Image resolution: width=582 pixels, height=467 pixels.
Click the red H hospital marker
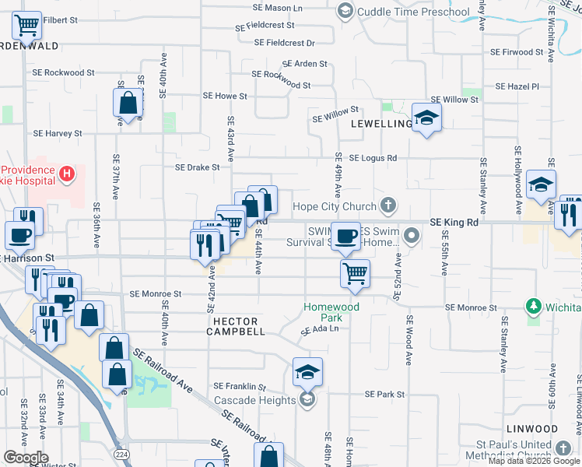tap(68, 172)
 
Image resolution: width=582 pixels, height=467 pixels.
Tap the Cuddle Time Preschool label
tap(412, 12)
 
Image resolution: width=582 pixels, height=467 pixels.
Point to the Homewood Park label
tap(331, 312)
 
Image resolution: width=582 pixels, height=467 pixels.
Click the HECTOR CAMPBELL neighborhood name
tap(236, 325)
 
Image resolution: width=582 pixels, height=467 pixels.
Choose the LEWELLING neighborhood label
tap(381, 124)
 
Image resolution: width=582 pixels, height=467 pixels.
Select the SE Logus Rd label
tap(373, 158)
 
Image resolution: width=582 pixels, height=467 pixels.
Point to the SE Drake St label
tap(198, 167)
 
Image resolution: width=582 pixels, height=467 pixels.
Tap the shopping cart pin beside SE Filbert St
tap(27, 27)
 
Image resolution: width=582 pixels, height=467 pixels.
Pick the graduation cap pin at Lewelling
tap(426, 118)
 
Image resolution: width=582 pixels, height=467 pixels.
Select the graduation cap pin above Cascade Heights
tap(307, 373)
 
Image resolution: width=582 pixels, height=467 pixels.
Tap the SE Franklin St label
tap(240, 386)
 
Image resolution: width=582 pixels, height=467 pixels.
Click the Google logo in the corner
tap(26, 458)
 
